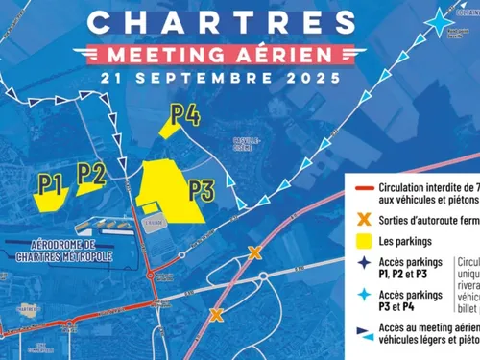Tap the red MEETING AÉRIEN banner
226,51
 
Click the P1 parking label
51,180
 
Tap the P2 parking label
91,173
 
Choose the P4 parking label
185,115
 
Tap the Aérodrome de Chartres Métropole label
71,252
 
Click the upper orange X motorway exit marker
254,252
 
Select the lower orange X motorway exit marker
217,314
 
